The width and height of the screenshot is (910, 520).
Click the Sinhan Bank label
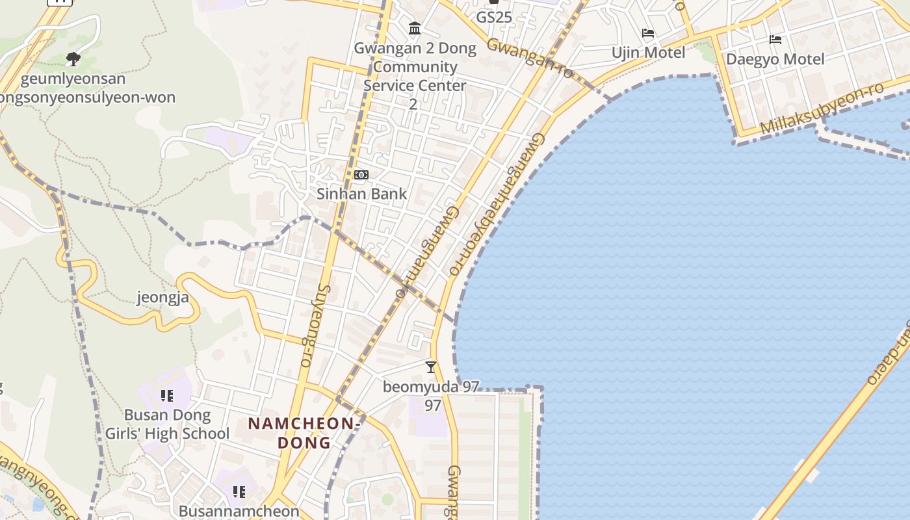361,194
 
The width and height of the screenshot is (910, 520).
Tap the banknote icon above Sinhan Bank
361,175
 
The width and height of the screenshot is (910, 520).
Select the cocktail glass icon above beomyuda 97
430,367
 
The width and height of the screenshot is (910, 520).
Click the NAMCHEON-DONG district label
304,433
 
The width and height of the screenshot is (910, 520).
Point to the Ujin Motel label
648,52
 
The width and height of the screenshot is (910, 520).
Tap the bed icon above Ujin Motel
648,33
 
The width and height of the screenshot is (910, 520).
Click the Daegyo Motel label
775,59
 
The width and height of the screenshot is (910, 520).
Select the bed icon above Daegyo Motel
775,40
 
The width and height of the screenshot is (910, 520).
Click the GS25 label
494,18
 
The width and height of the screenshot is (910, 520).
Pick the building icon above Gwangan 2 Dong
415,29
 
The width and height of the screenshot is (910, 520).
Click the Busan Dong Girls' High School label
167,424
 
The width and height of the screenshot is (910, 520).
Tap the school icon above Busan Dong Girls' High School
167,395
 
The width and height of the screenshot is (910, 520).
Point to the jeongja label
162,298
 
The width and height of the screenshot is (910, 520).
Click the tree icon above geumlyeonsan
73,59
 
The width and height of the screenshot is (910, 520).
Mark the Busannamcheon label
239,512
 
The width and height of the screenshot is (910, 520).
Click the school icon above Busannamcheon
239,492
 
